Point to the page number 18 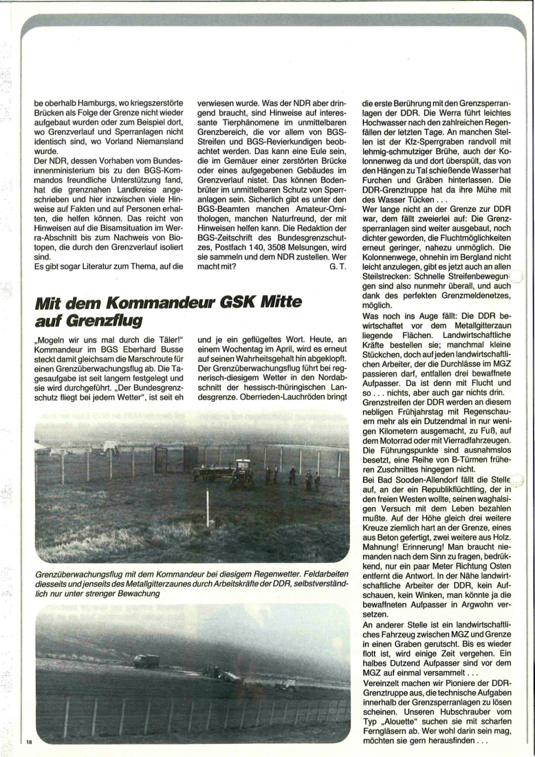[x=28, y=740]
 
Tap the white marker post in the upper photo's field [x=208, y=508]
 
